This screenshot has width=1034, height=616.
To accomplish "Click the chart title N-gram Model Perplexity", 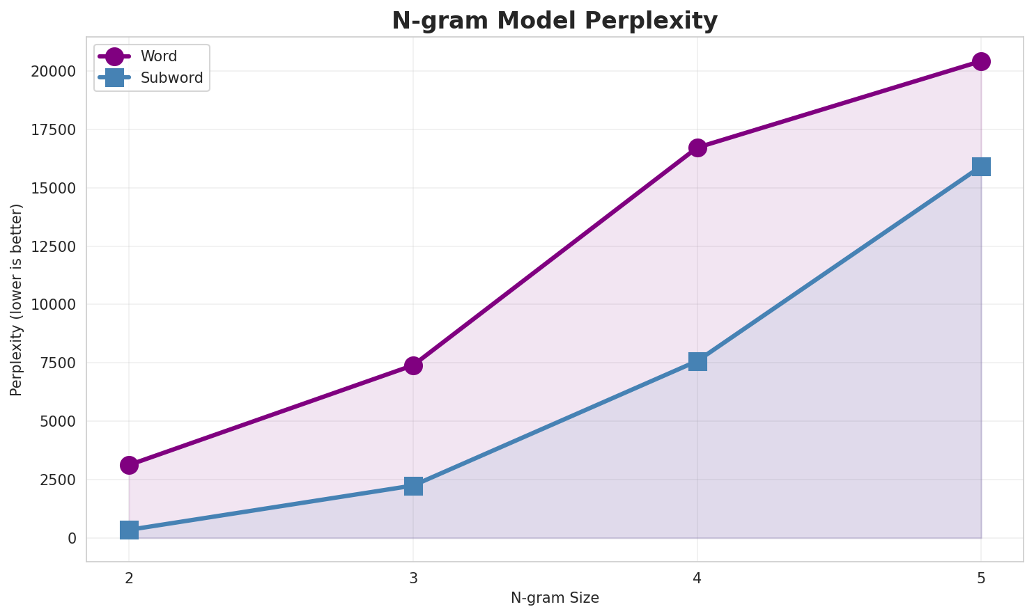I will tap(555, 21).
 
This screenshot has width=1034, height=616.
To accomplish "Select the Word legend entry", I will tap(158, 56).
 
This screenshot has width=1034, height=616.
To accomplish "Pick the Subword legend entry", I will tap(171, 78).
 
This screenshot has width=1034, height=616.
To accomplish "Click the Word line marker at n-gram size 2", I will tap(129, 465).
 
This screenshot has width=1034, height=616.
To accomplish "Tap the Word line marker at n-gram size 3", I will tap(413, 365).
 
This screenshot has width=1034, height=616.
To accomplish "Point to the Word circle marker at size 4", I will tap(697, 148).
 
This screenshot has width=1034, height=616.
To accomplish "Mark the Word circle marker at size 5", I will tap(981, 61).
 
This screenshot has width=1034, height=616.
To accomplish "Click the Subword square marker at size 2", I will tap(129, 530).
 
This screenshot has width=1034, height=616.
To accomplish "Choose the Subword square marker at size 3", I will tap(413, 486).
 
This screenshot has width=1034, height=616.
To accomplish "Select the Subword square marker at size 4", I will tap(697, 361).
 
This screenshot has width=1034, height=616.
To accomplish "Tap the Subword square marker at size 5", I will tap(981, 166).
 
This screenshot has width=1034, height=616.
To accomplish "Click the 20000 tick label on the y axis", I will tap(53, 72).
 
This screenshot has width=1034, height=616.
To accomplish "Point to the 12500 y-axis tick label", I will tap(53, 246).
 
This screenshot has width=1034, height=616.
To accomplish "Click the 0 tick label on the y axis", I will tap(72, 538).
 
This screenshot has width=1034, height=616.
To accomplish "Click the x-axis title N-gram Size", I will tap(555, 598).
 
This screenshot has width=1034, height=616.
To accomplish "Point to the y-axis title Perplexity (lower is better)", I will tap(17, 299).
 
